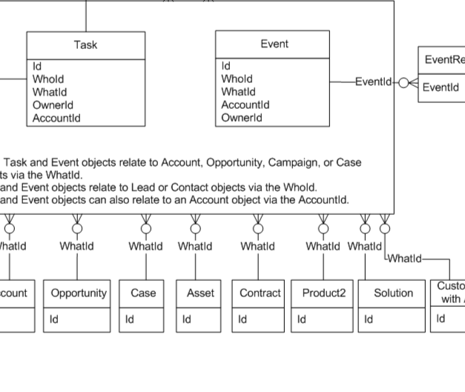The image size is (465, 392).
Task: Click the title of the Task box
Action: pos(85,44)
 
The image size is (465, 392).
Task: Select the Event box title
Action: pos(274,44)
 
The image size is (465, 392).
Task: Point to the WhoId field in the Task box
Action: pos(48,79)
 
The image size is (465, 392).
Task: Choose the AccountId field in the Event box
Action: pos(245,104)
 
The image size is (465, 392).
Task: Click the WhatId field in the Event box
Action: pos(237,92)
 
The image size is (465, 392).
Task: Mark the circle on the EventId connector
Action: pos(403,82)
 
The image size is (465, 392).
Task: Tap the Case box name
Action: pos(143,293)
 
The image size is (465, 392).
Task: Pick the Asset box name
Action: pos(200,293)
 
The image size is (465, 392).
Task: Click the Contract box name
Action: pos(260,293)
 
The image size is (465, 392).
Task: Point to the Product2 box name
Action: pos(324,293)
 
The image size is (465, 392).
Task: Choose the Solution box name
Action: pos(393,293)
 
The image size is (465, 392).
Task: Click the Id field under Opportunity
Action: pos(54,319)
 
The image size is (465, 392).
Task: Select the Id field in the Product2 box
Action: pos(302,319)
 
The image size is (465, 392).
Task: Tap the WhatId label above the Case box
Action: pos(145,245)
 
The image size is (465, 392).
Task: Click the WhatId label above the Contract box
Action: pos(258,245)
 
